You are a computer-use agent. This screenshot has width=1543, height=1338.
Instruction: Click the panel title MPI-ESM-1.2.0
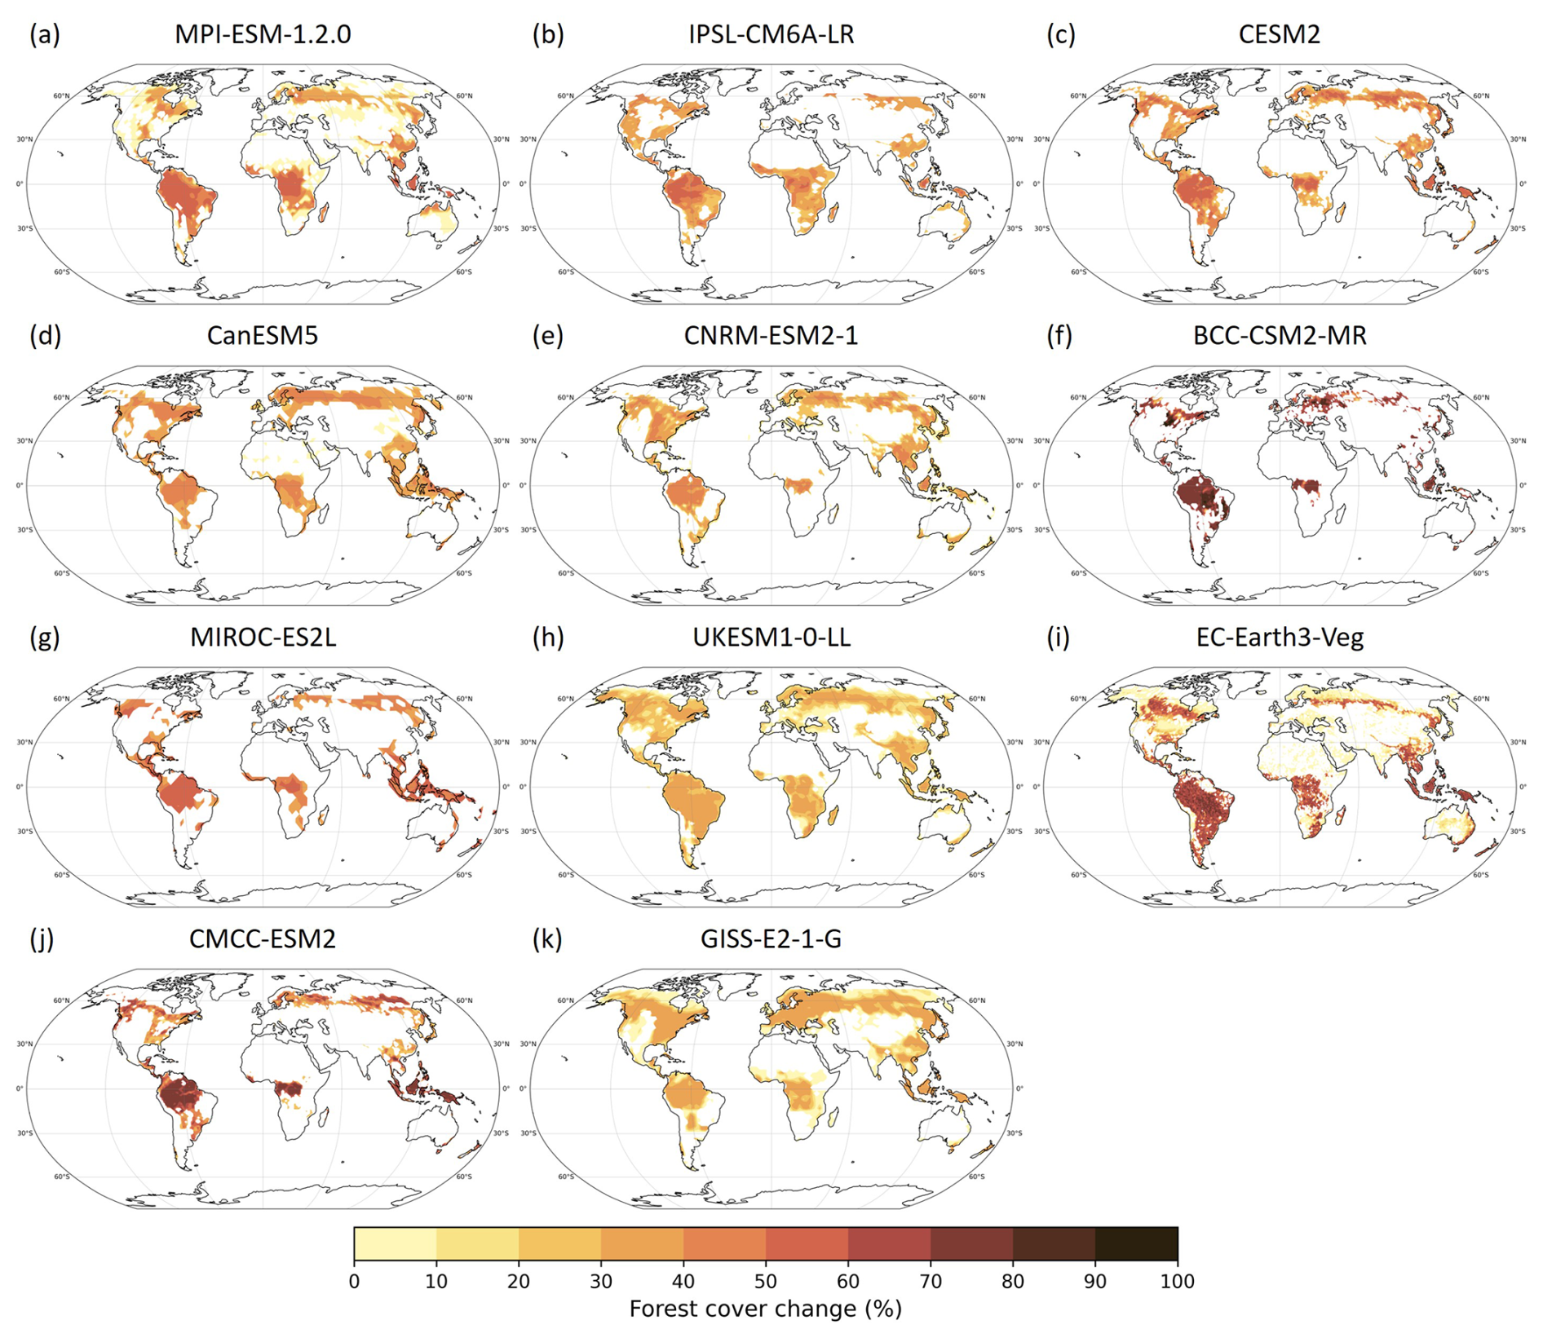tap(263, 34)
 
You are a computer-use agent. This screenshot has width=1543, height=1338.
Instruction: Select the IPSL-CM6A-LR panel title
tap(771, 34)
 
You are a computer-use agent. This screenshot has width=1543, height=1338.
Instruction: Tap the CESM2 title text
tap(1279, 34)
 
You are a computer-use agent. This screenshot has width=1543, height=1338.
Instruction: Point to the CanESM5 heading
tap(263, 335)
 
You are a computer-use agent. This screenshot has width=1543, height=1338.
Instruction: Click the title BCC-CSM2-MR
tap(1279, 335)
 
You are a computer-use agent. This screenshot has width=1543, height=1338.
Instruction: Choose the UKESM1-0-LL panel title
tap(771, 637)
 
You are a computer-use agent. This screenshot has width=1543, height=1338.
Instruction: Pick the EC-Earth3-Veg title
tap(1279, 637)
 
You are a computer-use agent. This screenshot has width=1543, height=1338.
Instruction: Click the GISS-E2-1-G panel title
tap(771, 938)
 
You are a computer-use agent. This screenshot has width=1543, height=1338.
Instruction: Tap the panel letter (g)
tap(44, 637)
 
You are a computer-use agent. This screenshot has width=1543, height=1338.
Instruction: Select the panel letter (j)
tap(42, 938)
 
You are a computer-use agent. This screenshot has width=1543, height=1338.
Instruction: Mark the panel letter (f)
tap(1059, 335)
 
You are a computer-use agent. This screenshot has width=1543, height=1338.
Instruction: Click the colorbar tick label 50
tap(765, 1281)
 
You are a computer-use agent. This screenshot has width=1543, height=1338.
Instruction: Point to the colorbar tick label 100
tap(1177, 1281)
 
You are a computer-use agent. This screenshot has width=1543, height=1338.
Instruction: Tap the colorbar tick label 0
tap(354, 1281)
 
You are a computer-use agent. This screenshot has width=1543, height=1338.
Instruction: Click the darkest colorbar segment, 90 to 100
tap(1136, 1243)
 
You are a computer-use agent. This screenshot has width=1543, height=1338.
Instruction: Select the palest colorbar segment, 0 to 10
tap(395, 1243)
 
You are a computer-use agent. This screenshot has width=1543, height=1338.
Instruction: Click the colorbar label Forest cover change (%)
tap(765, 1309)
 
